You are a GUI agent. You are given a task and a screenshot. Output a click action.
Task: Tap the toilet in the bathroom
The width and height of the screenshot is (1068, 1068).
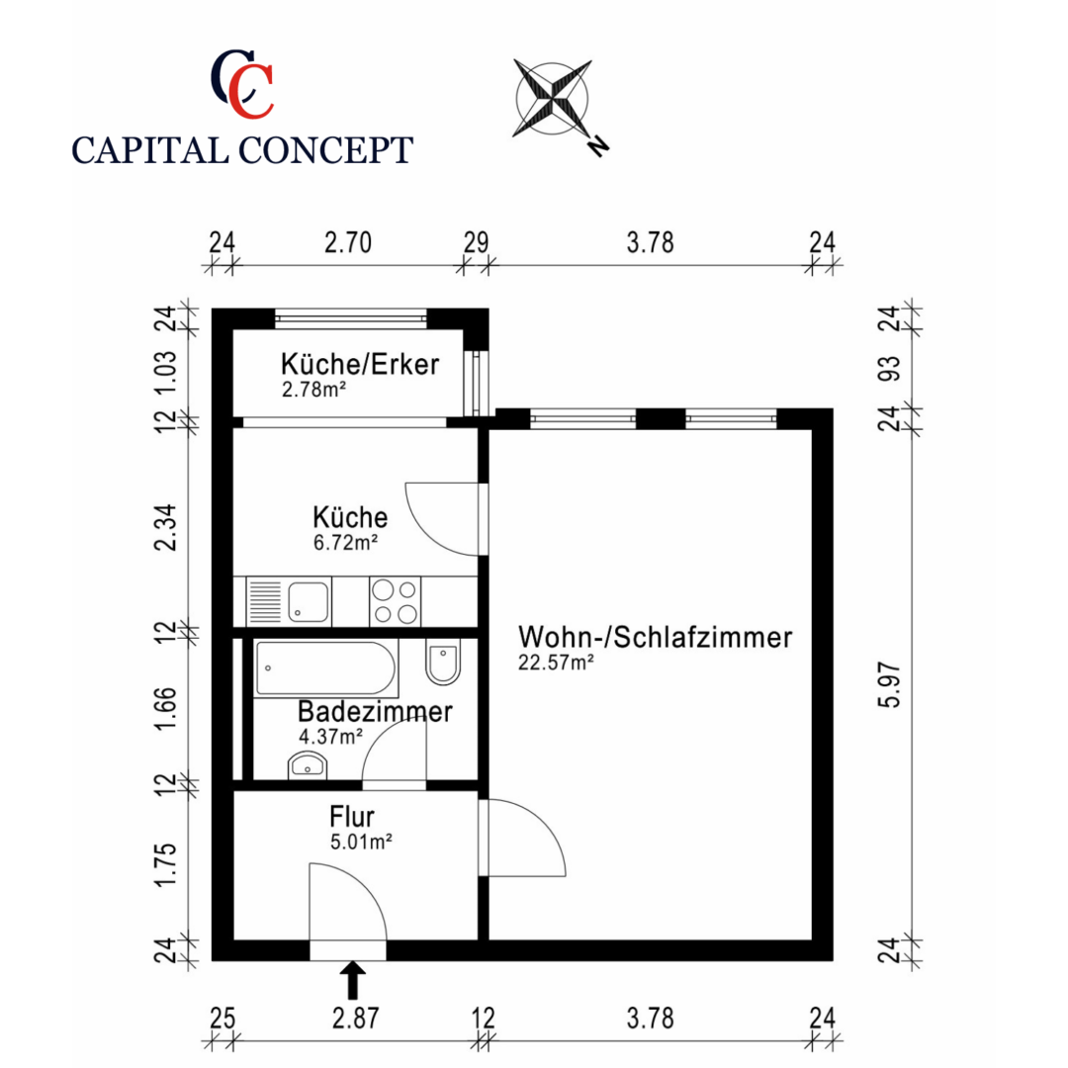[443, 663]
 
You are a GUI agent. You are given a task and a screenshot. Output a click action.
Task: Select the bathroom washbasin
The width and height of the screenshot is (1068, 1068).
[308, 764]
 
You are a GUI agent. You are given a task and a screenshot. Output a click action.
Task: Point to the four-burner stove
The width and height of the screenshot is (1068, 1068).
[395, 601]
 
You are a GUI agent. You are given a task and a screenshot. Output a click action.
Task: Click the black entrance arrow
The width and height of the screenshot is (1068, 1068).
[352, 981]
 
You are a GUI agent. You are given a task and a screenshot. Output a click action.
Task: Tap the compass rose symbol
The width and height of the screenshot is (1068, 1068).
[552, 97]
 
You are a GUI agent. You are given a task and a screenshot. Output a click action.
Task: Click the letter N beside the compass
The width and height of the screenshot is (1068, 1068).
[598, 145]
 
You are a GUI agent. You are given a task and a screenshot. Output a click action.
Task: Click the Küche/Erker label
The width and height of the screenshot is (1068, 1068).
[359, 364]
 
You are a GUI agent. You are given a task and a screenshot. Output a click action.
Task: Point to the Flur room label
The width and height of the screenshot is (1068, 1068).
[351, 818]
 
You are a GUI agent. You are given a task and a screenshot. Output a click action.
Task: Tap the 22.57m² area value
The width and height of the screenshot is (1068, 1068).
[556, 664]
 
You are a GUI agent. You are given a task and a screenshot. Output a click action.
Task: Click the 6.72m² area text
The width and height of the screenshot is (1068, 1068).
[345, 541]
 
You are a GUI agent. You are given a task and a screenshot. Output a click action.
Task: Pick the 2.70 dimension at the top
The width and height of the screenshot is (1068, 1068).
[348, 243]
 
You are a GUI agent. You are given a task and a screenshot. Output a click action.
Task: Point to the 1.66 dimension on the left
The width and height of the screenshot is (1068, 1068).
[168, 709]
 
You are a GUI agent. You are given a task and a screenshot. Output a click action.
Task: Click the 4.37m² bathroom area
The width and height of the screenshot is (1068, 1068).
[330, 736]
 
